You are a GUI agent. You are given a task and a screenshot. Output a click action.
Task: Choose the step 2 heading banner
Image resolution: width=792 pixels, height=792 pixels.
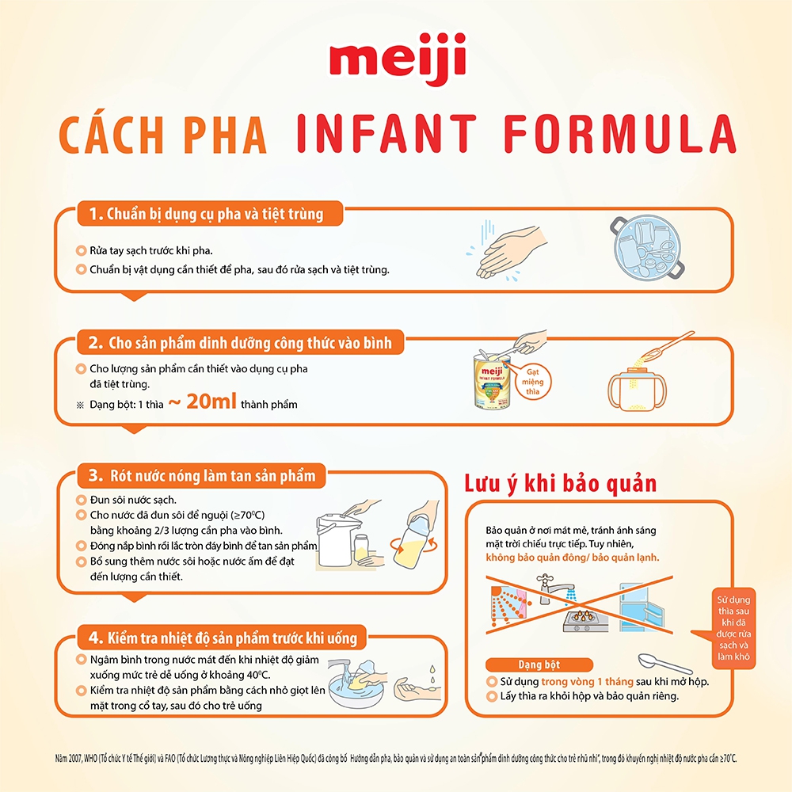tap(241, 344)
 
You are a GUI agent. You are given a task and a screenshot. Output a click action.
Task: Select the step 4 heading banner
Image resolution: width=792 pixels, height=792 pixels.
tap(222, 637)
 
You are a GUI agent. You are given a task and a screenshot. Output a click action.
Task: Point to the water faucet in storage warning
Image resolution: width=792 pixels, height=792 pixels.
tap(555, 591)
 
